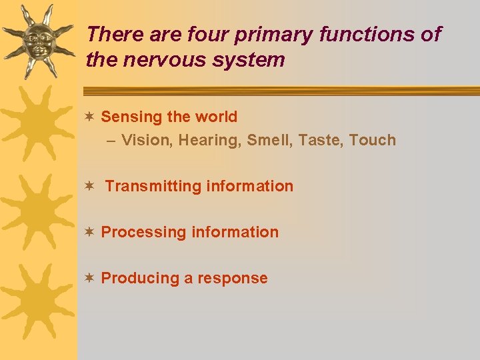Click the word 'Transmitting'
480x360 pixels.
pos(153,186)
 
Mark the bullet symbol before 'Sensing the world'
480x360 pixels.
pos(89,117)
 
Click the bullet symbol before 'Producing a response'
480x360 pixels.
pos(89,278)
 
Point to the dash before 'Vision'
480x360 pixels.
pos(111,140)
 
